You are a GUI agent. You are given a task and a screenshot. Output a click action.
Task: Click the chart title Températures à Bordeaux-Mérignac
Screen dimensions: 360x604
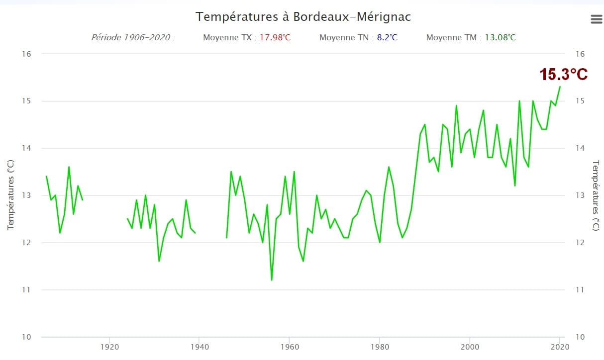pos(303,17)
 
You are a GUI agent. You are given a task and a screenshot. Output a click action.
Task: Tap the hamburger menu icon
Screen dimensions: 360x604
pos(596,19)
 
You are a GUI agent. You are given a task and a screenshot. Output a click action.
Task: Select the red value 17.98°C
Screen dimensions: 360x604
pos(275,37)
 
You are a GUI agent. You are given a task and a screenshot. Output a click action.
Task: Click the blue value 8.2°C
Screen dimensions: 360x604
pos(387,37)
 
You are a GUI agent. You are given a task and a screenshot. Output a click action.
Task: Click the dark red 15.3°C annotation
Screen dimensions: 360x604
pos(564,75)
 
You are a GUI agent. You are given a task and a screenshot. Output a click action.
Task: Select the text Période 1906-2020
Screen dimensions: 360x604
pos(132,37)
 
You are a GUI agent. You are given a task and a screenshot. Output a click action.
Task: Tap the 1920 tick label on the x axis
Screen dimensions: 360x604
pos(108,346)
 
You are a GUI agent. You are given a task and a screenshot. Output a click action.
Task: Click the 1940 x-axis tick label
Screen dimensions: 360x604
pos(199,346)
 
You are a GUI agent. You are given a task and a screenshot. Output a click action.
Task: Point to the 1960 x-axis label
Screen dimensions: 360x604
pos(289,346)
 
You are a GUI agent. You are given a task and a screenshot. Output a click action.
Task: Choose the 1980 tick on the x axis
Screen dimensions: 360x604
pos(380,346)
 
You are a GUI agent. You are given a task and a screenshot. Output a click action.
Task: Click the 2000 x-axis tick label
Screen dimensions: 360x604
pos(470,346)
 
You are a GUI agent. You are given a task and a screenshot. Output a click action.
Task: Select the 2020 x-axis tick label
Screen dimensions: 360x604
pos(560,346)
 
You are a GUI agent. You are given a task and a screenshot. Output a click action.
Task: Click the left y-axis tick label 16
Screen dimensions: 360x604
pos(26,54)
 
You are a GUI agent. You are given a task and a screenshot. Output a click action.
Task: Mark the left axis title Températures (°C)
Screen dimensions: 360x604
pos(11,195)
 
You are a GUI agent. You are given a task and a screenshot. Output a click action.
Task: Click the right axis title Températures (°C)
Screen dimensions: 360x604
pos(596,195)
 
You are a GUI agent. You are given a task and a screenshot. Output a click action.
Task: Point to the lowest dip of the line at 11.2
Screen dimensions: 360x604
pos(272,280)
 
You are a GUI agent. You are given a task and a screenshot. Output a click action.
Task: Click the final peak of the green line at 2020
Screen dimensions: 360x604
pos(560,87)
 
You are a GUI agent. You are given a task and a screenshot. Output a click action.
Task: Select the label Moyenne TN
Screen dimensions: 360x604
pos(341,37)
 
